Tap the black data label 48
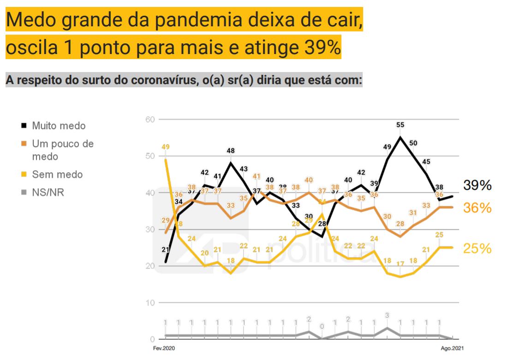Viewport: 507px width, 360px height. click(x=231, y=150)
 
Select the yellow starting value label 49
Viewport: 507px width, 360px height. click(x=166, y=147)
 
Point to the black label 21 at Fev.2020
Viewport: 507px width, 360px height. click(x=165, y=250)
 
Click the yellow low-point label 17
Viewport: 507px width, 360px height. click(x=400, y=264)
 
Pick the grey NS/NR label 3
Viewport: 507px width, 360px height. click(x=387, y=315)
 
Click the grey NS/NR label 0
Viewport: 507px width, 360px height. click(x=322, y=326)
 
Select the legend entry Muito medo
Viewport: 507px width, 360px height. click(x=59, y=126)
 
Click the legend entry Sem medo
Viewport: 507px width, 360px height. click(x=57, y=174)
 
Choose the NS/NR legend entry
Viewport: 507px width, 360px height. click(x=48, y=192)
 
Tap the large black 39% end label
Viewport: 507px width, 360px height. click(x=477, y=186)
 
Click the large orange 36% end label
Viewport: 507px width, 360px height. click(x=477, y=208)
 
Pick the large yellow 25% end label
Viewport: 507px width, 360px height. click(x=477, y=249)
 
